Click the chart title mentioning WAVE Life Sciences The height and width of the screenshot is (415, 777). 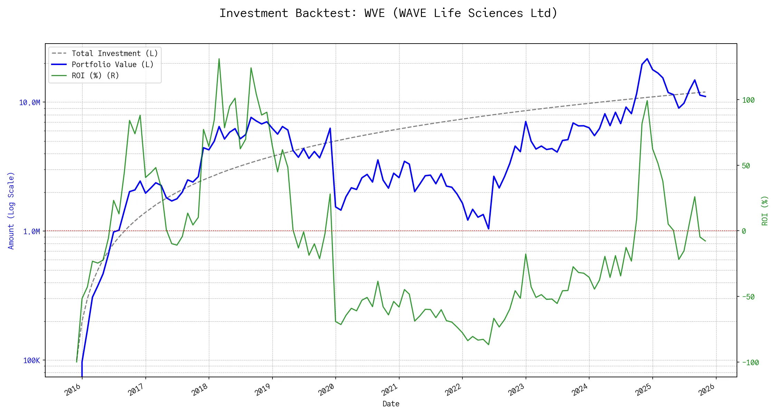coord(388,13)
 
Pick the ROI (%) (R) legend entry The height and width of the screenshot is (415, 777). coord(95,75)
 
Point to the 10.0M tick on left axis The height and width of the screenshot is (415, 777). coord(29,102)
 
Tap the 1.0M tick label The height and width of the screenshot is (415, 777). coord(31,231)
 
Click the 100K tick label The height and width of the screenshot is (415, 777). coord(31,360)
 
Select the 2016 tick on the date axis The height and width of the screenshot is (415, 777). coord(73,390)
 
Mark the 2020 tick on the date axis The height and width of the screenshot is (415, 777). coord(326,390)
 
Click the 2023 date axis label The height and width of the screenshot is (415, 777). coord(517,390)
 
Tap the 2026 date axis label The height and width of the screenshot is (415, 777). coord(707,390)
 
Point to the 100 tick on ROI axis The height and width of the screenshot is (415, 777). coord(748,100)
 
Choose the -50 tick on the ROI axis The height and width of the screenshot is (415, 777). coord(748,297)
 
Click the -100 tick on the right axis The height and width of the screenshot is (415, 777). coord(750,362)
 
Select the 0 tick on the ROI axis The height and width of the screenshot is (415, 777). coord(744,231)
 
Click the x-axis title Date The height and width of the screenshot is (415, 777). coord(391,404)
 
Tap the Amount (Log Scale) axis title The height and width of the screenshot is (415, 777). coord(11,211)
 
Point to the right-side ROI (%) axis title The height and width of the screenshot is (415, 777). coord(765,211)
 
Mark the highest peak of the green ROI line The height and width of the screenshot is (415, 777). coord(219,59)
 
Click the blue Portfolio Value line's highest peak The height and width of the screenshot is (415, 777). coord(647,59)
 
